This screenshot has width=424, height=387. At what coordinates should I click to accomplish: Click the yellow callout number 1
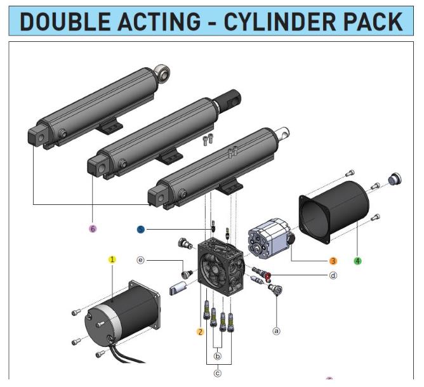(x=112, y=259)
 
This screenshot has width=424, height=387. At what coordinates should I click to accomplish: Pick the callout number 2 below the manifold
(x=200, y=331)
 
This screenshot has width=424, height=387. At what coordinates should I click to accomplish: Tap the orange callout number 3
(x=333, y=260)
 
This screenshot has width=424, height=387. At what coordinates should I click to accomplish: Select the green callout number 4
(x=357, y=261)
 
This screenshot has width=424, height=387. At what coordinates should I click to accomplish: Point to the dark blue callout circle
(x=141, y=228)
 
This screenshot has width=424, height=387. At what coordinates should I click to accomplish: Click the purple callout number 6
(x=93, y=228)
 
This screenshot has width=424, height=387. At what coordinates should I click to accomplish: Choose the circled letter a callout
(x=276, y=331)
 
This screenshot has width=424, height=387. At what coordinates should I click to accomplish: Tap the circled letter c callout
(x=218, y=373)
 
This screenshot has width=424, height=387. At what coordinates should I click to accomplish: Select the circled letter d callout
(x=333, y=275)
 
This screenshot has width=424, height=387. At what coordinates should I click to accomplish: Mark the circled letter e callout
(x=141, y=260)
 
